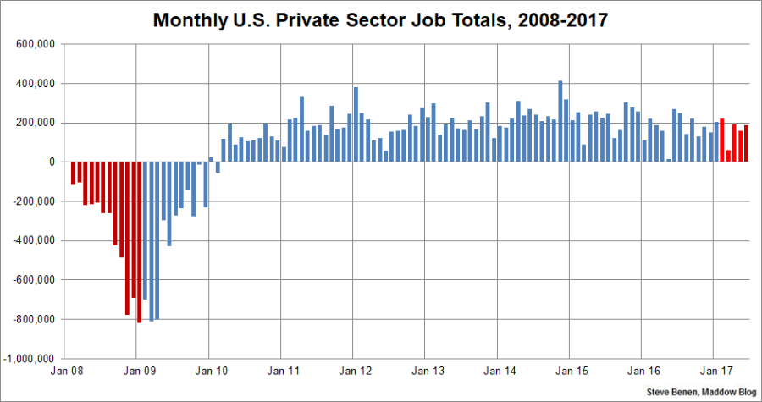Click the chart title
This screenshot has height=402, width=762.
[x=380, y=19]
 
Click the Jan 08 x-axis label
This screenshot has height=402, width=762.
[x=66, y=370]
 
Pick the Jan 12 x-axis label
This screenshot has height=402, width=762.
[x=355, y=370]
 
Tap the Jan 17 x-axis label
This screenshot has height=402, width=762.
[x=715, y=370]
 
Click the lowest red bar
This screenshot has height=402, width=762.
[x=139, y=242]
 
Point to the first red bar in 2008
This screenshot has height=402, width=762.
[x=74, y=173]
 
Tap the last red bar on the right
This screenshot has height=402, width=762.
[x=746, y=144]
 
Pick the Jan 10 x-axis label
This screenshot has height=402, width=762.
[x=211, y=370]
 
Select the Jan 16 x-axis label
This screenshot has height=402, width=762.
[x=643, y=370]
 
